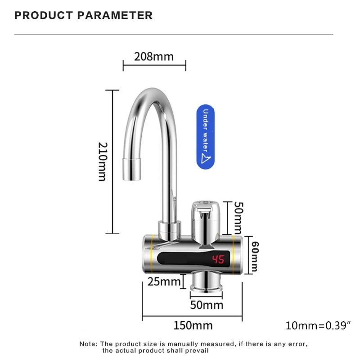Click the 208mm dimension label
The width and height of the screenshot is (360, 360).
[154, 57]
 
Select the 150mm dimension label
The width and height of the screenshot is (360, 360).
[193, 324]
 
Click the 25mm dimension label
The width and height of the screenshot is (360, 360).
[164, 282]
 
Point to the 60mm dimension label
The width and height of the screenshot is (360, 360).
[255, 256]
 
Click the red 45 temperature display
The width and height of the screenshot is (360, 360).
[218, 260]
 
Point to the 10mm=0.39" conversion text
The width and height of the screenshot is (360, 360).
[318, 325]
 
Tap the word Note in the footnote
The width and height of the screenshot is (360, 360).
[88, 343]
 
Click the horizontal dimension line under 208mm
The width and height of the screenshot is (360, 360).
[154, 66]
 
